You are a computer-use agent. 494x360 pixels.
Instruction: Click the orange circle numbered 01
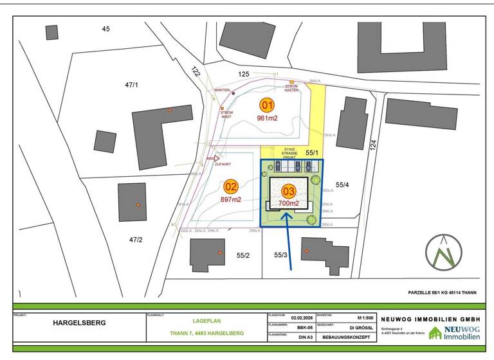(x=267, y=105)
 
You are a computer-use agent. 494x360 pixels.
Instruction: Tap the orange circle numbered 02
(x=231, y=187)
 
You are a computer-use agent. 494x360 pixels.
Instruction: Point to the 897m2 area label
(x=231, y=199)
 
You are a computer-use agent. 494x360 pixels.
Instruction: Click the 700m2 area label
(x=289, y=203)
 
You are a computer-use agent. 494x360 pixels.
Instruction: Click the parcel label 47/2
(x=136, y=239)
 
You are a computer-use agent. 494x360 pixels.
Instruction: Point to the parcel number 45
(x=106, y=28)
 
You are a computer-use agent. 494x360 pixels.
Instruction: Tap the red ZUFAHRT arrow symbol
(x=214, y=157)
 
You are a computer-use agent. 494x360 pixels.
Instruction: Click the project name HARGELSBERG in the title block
(x=78, y=323)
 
